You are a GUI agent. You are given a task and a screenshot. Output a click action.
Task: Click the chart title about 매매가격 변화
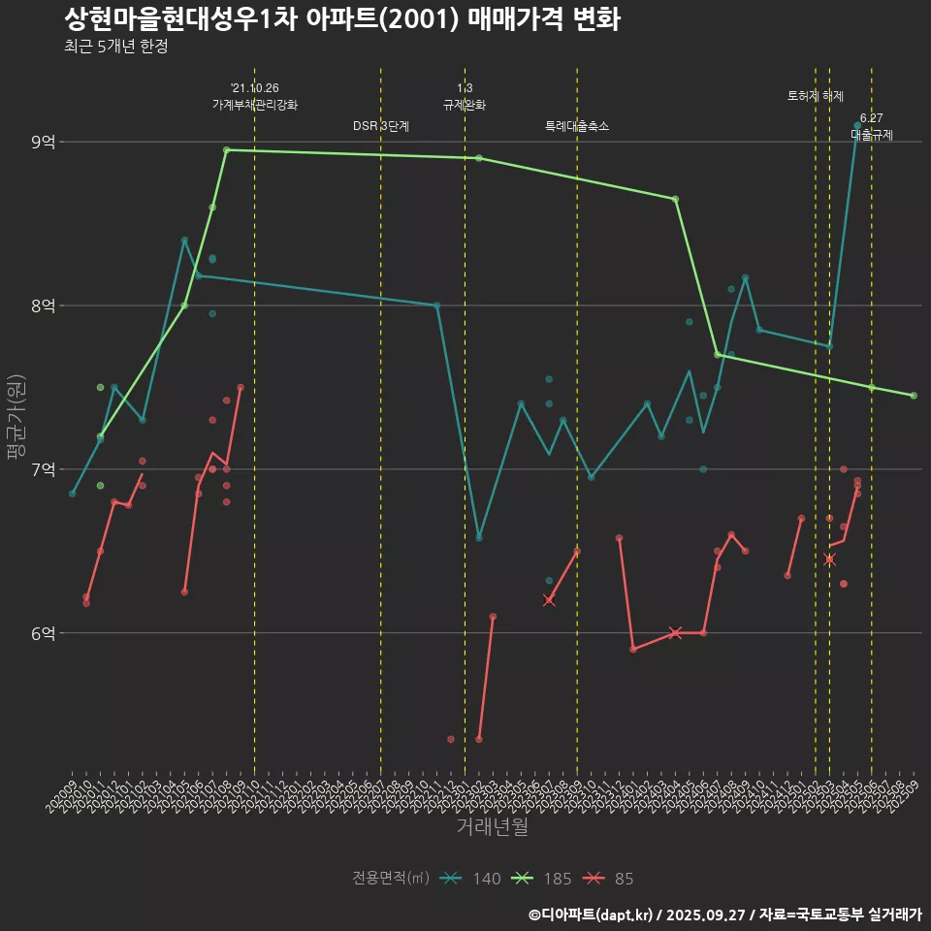coord(341,18)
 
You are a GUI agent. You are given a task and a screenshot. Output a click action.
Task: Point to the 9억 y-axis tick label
coord(43,143)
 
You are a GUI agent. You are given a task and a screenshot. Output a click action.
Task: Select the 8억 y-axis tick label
coord(43,305)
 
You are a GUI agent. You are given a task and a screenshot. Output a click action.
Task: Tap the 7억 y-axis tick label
coord(43,469)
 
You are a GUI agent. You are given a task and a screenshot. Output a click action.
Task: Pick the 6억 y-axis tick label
coord(43,633)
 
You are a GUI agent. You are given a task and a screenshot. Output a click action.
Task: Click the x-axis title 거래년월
coord(492,827)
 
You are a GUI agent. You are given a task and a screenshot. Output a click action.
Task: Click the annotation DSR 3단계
coord(381,126)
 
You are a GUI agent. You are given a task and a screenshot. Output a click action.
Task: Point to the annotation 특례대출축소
coord(577,126)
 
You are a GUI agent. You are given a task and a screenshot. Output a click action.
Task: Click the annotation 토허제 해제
coord(816,96)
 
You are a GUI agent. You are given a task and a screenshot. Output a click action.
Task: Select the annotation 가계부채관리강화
coord(255,105)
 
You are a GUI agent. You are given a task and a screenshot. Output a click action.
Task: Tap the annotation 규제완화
coord(465,105)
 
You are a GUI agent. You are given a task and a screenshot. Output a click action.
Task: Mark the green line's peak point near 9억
coord(226,149)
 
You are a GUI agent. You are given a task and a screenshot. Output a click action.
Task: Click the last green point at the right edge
coord(914,396)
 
